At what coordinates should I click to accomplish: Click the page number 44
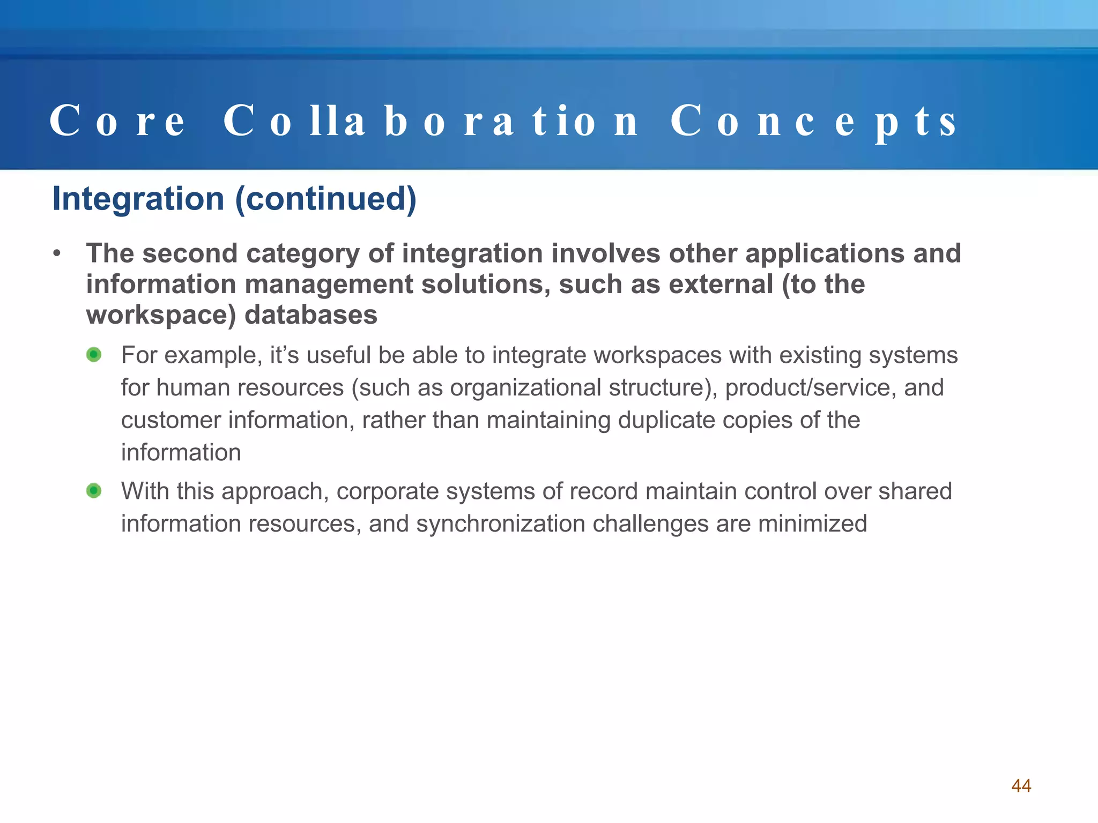(1021, 785)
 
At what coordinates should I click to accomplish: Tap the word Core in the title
(117, 121)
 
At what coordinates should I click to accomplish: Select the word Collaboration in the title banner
(431, 121)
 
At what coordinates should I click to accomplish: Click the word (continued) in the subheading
(326, 199)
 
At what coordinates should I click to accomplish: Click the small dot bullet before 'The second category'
(57, 253)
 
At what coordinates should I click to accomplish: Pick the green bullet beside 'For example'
(94, 355)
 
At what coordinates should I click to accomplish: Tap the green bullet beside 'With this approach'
(94, 491)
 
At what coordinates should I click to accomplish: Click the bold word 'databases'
(311, 315)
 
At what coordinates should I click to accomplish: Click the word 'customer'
(170, 420)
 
